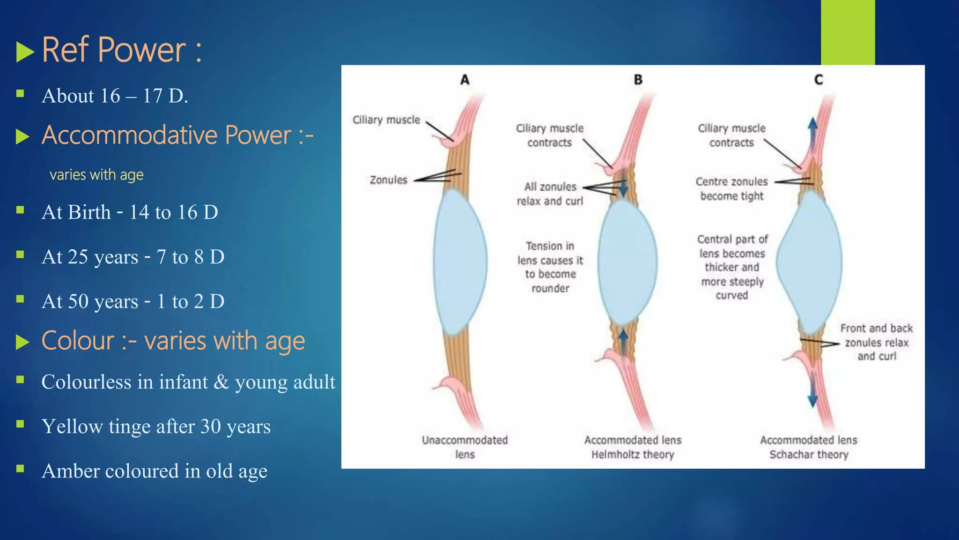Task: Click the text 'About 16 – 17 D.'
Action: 115,96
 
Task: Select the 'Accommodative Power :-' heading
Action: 177,135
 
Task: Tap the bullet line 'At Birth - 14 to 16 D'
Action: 130,212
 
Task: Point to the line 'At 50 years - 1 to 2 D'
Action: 133,301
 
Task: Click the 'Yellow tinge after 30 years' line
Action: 156,427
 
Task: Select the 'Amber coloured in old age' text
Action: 155,471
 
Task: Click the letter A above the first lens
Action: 465,80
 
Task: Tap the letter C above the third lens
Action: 819,80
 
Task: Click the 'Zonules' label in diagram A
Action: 388,180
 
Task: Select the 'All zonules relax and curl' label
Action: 550,194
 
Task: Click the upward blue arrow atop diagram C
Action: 813,131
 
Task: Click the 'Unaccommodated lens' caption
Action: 465,447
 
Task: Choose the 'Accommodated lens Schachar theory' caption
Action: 809,447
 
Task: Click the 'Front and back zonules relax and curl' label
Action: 876,342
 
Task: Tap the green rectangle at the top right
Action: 848,32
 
